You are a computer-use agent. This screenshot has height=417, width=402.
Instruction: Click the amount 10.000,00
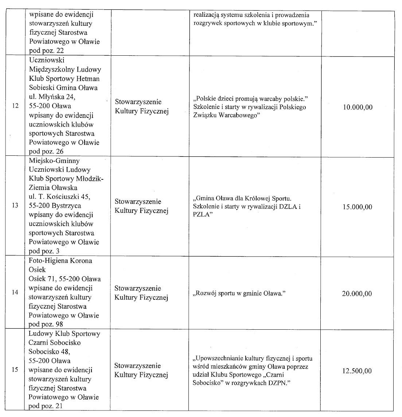click(358, 107)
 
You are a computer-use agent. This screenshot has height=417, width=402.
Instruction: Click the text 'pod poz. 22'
click(46, 51)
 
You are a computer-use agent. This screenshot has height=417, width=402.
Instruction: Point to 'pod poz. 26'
click(46, 151)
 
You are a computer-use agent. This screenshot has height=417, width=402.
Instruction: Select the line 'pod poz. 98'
click(46, 324)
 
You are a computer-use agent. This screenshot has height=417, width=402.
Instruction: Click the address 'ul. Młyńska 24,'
click(52, 97)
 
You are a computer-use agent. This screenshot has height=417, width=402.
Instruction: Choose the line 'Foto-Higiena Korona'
click(60, 261)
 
